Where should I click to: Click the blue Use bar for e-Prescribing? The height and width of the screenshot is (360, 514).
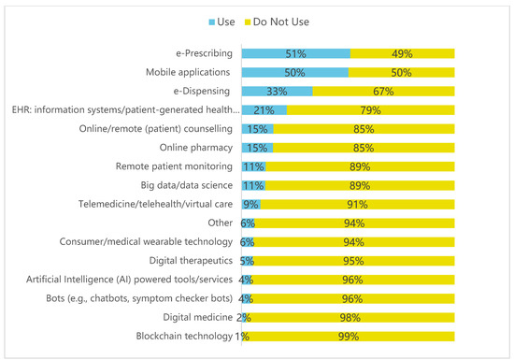click(x=296, y=53)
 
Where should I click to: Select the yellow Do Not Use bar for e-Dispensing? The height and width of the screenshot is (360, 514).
click(x=383, y=91)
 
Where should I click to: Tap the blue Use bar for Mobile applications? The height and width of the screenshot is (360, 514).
click(x=295, y=72)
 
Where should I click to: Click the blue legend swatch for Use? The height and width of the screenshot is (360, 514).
click(x=212, y=22)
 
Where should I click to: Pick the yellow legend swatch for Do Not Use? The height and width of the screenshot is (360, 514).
click(x=248, y=22)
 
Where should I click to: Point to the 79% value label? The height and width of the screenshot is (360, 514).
click(x=370, y=110)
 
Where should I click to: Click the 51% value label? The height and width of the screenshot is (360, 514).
click(x=295, y=54)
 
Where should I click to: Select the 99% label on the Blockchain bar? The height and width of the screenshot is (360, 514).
click(x=349, y=337)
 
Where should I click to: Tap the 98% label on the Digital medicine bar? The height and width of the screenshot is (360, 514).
click(x=350, y=318)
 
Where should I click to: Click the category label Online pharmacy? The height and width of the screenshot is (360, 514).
click(x=196, y=148)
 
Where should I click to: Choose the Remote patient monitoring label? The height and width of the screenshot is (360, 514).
click(x=174, y=166)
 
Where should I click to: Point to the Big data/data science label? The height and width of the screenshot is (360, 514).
click(x=187, y=185)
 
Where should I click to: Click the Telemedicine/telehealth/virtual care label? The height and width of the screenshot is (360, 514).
click(x=155, y=204)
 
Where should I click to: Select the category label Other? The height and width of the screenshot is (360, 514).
click(x=221, y=223)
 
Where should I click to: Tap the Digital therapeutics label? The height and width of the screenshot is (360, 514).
click(x=191, y=261)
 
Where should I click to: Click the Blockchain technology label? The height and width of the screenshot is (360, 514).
click(x=184, y=336)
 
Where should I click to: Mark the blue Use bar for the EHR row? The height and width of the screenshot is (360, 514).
click(x=264, y=110)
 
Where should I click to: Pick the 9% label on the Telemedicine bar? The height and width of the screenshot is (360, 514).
click(x=250, y=205)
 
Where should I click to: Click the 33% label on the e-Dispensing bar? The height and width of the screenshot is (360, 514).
click(x=277, y=92)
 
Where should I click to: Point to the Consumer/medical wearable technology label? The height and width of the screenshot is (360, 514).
click(x=146, y=242)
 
